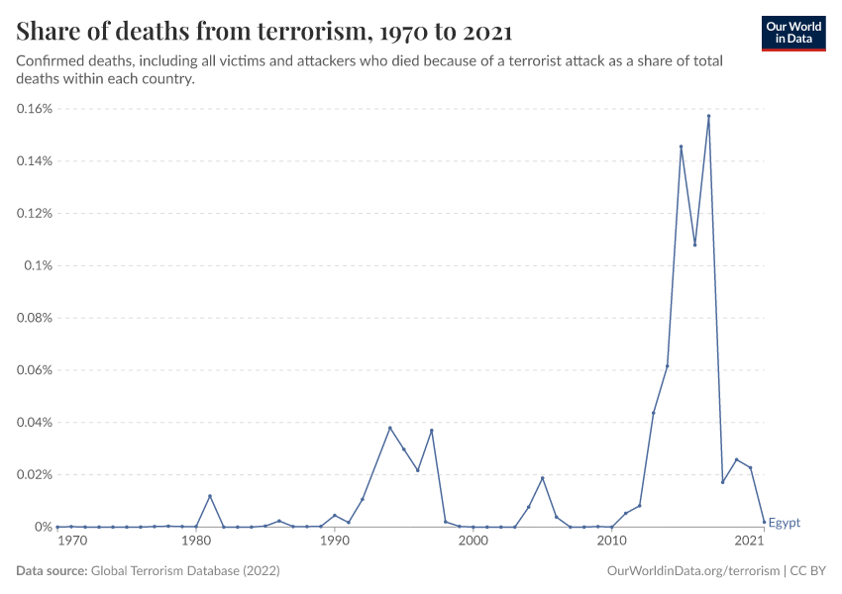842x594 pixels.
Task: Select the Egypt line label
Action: click(x=784, y=523)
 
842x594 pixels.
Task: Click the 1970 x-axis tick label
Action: click(x=70, y=541)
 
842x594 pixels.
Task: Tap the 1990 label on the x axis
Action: click(x=335, y=541)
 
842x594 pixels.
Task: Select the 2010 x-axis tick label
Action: click(x=611, y=541)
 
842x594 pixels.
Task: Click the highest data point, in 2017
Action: click(x=708, y=116)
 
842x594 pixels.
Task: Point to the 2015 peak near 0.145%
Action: click(x=681, y=147)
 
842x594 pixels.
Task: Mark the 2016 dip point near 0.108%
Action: click(x=694, y=245)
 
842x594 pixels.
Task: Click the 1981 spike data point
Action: click(x=210, y=496)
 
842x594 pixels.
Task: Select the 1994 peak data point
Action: click(x=390, y=428)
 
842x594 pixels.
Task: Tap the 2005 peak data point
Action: click(x=542, y=478)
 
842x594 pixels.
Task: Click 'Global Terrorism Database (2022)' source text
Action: click(x=184, y=571)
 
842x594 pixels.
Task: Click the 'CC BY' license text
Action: click(x=807, y=571)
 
